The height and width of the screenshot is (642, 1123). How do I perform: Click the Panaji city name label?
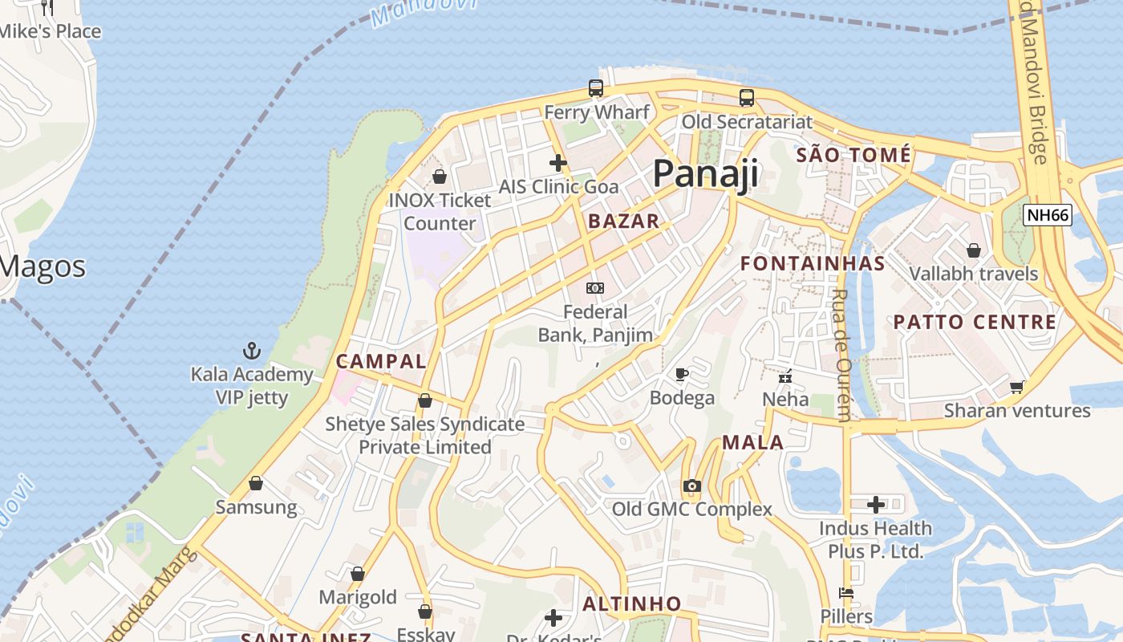705,173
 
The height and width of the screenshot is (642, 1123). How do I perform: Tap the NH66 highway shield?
1048,215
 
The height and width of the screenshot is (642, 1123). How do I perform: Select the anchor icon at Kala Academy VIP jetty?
252,351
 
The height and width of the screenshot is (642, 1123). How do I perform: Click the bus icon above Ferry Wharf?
595,88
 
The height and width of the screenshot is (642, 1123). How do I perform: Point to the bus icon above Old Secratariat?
747,98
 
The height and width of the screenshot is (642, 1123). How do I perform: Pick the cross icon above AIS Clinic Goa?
558,163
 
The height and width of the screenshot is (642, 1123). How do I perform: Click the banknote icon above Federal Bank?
595,287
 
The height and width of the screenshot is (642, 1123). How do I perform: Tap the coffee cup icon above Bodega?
682,374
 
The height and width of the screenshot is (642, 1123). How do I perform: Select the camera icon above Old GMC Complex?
691,486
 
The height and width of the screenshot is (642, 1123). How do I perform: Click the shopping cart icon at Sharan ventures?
1017,387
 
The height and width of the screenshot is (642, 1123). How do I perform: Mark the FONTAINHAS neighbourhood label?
813,263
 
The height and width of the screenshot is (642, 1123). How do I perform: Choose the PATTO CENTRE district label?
975,322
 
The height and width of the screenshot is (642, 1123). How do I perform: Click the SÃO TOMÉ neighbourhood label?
853,154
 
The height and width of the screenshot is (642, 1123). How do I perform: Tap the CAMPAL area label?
381,361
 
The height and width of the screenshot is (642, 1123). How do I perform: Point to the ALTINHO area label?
632,603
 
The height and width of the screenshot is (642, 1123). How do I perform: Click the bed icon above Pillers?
846,594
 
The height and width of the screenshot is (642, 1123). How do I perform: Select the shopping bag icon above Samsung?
256,483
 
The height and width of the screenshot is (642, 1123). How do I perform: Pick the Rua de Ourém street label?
841,355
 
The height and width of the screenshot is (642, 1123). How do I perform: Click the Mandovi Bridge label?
1035,88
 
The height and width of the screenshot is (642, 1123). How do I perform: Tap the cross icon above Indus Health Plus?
876,505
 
